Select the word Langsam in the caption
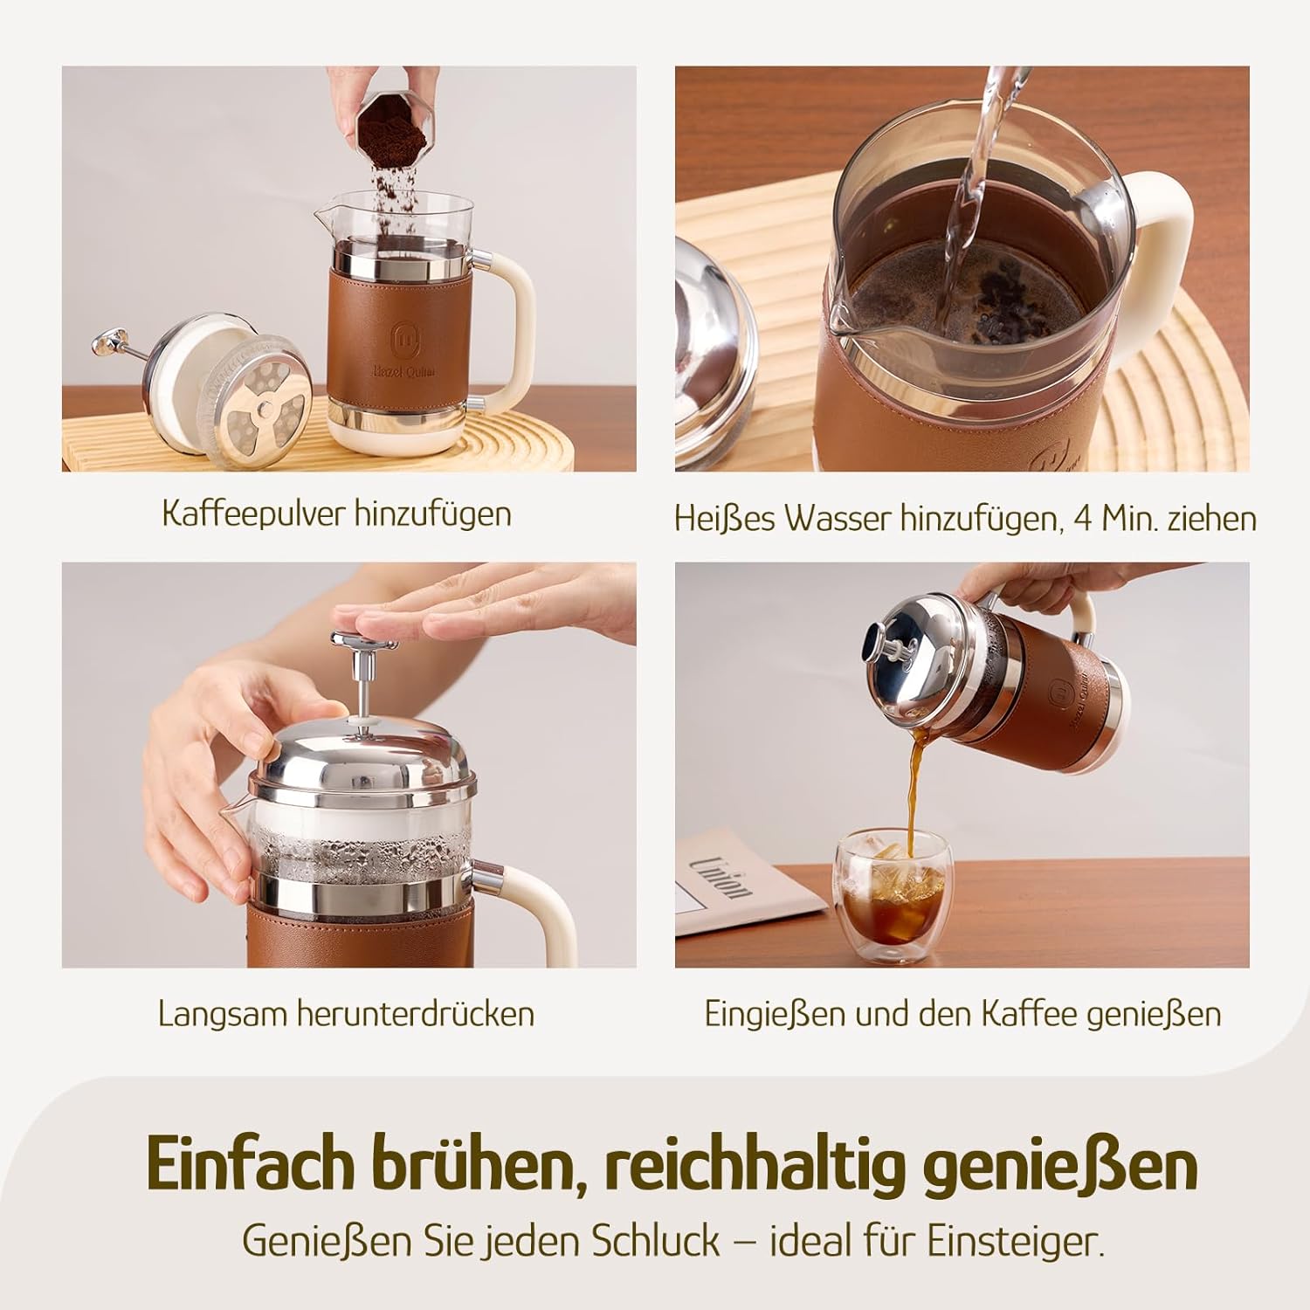pyautogui.click(x=223, y=1014)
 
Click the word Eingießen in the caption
pyautogui.click(x=776, y=1014)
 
